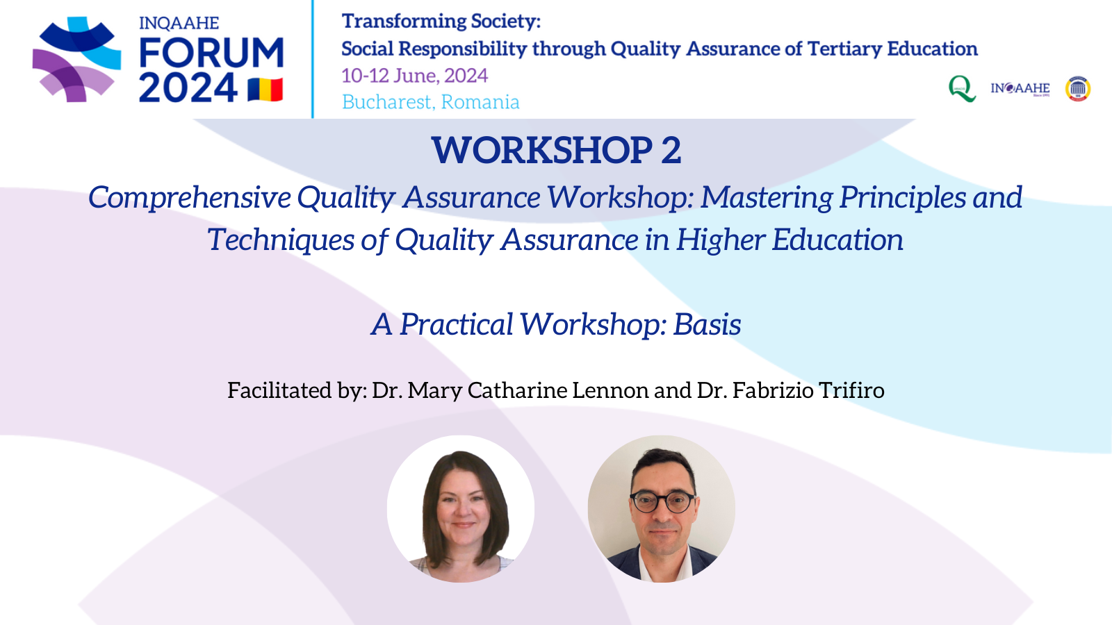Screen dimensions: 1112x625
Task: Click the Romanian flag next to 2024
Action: [x=265, y=90]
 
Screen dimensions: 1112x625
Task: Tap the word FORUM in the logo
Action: [x=211, y=53]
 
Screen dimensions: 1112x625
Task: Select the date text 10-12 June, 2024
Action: [x=415, y=76]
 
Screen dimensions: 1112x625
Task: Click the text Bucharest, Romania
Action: [x=430, y=102]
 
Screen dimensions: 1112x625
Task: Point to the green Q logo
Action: [x=962, y=89]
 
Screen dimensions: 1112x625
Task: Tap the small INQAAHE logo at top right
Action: [x=1020, y=89]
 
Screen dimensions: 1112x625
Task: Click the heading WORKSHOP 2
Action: [x=557, y=150]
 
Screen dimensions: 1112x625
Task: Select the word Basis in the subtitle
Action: [x=707, y=324]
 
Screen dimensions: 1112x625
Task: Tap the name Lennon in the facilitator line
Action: [x=610, y=390]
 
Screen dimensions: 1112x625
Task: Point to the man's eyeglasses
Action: [x=663, y=502]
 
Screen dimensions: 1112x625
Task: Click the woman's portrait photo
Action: [x=461, y=509]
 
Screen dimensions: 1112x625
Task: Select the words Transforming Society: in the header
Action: [x=441, y=22]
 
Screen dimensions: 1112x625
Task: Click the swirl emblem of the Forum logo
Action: [x=76, y=60]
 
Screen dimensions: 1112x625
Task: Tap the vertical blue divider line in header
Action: [x=312, y=59]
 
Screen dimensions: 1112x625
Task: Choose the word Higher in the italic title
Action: [x=720, y=240]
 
